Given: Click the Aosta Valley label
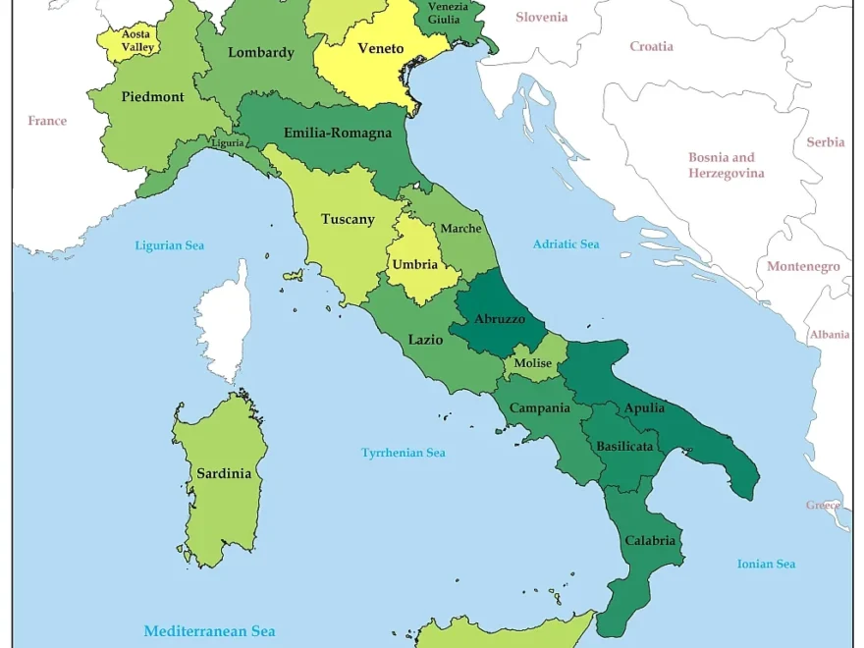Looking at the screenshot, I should coord(135,40).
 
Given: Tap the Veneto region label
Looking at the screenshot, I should coord(380,48).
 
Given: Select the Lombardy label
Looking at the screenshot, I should coord(261,52).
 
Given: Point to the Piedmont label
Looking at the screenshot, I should coord(152,96).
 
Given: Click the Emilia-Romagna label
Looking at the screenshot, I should coord(338,133).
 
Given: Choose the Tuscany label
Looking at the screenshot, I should coord(348,219).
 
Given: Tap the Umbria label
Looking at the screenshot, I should coord(415,264).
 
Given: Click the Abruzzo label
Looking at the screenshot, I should coord(500,318).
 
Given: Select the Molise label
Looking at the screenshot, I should coord(533,363).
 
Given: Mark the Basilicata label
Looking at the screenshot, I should coord(624,446).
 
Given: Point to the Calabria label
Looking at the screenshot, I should coord(650,540).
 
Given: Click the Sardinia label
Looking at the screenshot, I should coord(224,473).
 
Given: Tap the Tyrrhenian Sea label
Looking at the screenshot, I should coord(404,453).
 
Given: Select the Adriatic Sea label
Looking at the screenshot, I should coord(566,243).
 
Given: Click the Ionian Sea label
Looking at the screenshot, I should coord(766,564).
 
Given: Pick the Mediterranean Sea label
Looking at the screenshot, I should coord(209,631).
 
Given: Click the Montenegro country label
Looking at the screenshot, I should coord(803,266).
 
